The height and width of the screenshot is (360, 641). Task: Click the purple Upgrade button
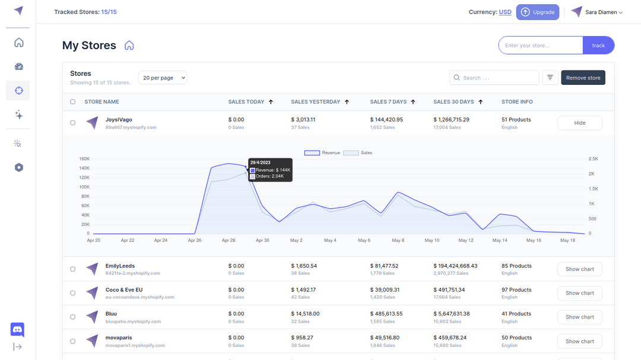pyautogui.click(x=537, y=12)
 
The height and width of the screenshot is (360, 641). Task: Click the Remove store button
pyautogui.click(x=583, y=78)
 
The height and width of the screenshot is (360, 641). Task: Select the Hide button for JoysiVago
pyautogui.click(x=579, y=123)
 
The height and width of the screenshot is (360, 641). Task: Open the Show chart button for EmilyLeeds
pyautogui.click(x=579, y=269)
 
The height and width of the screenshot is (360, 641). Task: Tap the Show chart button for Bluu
pyautogui.click(x=579, y=317)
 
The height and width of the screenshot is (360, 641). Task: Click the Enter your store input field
pyautogui.click(x=540, y=46)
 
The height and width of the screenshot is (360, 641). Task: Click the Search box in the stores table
pyautogui.click(x=494, y=78)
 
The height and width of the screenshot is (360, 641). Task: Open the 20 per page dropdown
pyautogui.click(x=163, y=78)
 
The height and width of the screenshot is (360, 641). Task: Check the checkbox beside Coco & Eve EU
pyautogui.click(x=73, y=293)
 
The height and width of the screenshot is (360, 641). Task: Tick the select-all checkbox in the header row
pyautogui.click(x=73, y=102)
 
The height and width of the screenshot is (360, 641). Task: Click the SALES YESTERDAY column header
pyautogui.click(x=316, y=102)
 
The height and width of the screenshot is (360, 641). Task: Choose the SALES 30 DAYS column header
pyautogui.click(x=453, y=102)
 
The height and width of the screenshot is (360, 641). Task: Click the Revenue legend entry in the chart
pyautogui.click(x=322, y=153)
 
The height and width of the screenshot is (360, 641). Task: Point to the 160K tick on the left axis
pyautogui.click(x=84, y=159)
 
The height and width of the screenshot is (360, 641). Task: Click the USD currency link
pyautogui.click(x=504, y=12)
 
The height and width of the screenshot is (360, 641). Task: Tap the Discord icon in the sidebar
pyautogui.click(x=18, y=329)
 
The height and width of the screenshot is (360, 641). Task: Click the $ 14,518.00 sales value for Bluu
pyautogui.click(x=305, y=314)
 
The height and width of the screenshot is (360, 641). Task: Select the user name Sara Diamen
pyautogui.click(x=601, y=12)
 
